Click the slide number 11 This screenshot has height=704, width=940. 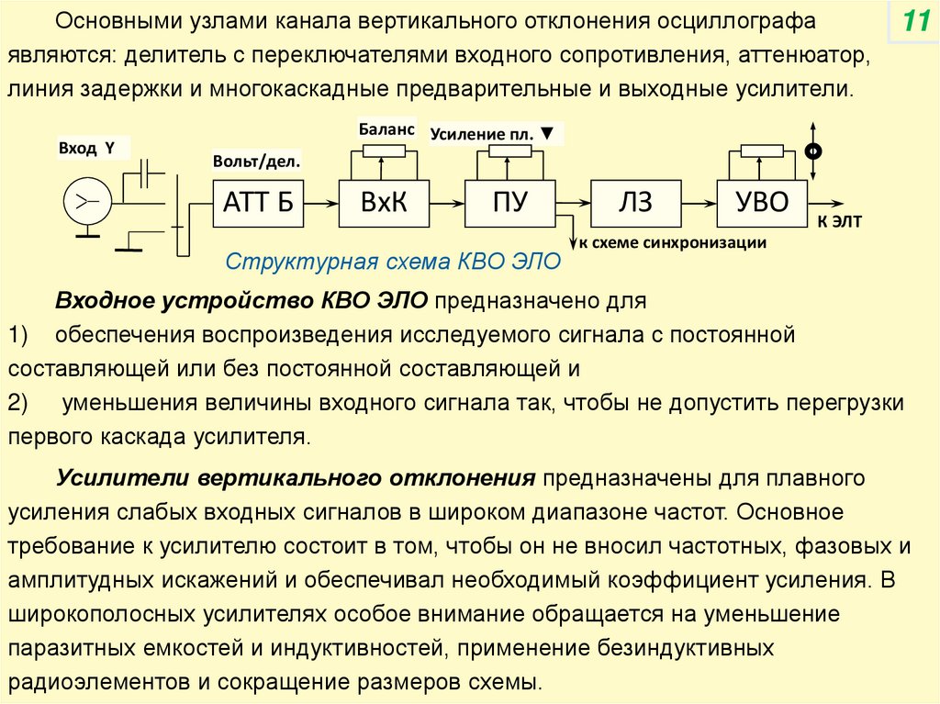coord(913,22)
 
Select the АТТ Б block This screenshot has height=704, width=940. coord(258,203)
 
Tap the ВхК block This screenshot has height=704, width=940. coord(384,203)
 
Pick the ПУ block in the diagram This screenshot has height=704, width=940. coord(509,203)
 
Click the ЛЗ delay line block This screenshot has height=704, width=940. coord(635,203)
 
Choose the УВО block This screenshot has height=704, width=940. coord(762,203)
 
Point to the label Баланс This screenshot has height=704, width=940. coord(386,129)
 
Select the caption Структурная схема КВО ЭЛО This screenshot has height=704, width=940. coord(392,262)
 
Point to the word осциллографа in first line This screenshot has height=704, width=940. coord(735,20)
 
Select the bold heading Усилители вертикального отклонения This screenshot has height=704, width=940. coord(296,479)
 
